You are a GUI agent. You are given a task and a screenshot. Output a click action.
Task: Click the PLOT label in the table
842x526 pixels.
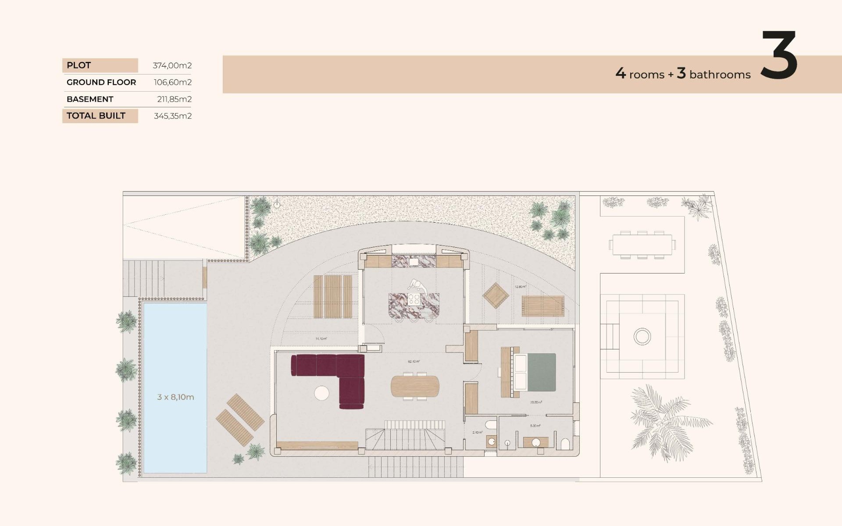[x=79, y=65]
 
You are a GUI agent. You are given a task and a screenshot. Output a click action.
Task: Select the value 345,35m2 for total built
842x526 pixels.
[x=173, y=116]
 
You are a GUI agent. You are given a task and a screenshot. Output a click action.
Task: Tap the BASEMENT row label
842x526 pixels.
[x=90, y=99]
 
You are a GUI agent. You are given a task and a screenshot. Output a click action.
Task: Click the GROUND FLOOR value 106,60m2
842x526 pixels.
[x=173, y=82]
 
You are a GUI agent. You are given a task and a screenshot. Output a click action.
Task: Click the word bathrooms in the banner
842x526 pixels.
[x=720, y=75]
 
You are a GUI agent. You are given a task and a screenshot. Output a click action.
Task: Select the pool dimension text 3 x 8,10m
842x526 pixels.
[x=175, y=397]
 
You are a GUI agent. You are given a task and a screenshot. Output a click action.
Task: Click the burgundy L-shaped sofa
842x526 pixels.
[x=346, y=373]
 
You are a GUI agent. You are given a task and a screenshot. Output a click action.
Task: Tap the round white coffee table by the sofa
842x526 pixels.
[x=322, y=393]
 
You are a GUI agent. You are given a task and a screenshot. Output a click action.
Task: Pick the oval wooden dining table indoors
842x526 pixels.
[x=415, y=386]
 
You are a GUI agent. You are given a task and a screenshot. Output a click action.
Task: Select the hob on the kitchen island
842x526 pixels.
[x=414, y=299]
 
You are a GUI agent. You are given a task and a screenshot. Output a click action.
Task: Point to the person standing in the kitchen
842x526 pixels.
[x=417, y=286]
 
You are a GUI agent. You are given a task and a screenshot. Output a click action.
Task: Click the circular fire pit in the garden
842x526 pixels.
[x=642, y=337]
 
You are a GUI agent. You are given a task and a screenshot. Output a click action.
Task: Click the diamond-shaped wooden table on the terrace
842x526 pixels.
[x=496, y=295]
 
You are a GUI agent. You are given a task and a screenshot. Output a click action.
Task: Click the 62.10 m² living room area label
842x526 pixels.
[x=414, y=362]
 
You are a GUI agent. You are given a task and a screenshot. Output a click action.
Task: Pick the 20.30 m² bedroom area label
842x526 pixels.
[x=536, y=402]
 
